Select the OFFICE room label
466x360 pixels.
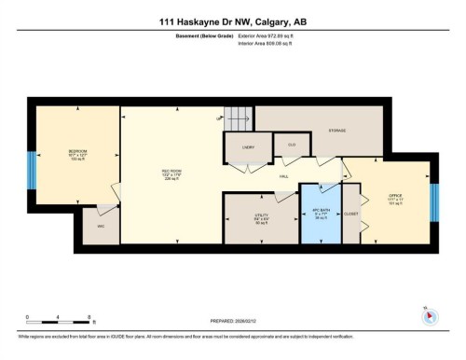(393, 196)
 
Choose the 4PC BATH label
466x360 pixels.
(320, 212)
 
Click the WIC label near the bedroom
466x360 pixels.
(101, 225)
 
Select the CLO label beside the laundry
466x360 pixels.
(290, 145)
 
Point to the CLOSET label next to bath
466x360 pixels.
(350, 214)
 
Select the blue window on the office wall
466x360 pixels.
(433, 202)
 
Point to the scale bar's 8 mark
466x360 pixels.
(89, 317)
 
